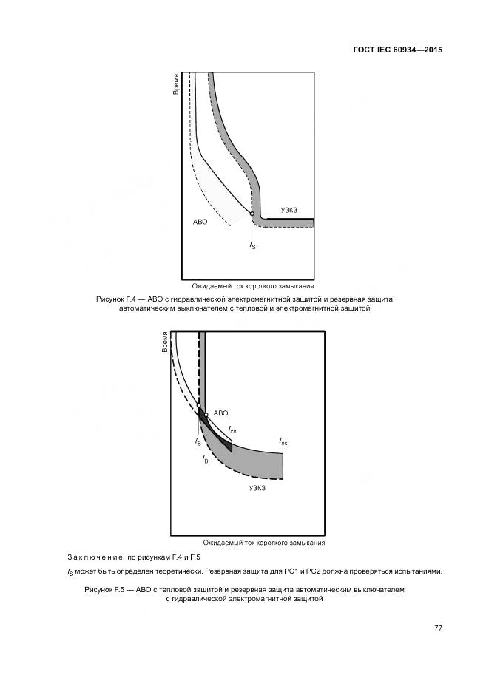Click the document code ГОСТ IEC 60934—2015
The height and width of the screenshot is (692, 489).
pyautogui.click(x=398, y=50)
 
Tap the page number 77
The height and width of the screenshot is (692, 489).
pyautogui.click(x=438, y=628)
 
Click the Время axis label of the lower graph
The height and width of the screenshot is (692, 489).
pyautogui.click(x=165, y=342)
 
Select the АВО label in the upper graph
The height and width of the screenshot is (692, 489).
pyautogui.click(x=200, y=221)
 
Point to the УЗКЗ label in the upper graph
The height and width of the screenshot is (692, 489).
pyautogui.click(x=289, y=211)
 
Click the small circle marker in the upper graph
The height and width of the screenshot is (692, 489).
pyautogui.click(x=252, y=214)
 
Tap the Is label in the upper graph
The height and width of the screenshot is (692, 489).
pyautogui.click(x=252, y=245)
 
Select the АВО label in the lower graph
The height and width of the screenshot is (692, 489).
pyautogui.click(x=220, y=413)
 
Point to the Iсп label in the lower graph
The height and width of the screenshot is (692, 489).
pyautogui.click(x=232, y=430)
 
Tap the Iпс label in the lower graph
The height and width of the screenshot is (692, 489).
pyautogui.click(x=283, y=441)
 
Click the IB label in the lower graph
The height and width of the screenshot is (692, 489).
pyautogui.click(x=205, y=459)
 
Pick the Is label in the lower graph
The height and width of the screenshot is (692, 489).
pyautogui.click(x=198, y=441)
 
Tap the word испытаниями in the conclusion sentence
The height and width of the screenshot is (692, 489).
pyautogui.click(x=419, y=571)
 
